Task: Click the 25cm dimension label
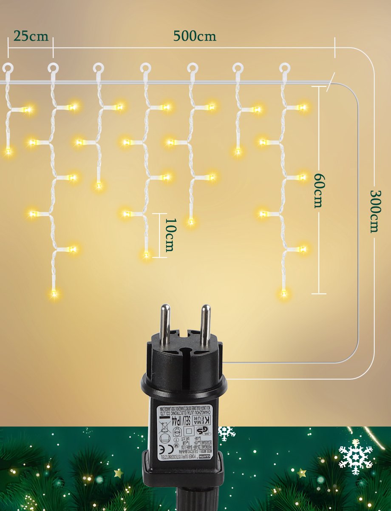tap(31, 36)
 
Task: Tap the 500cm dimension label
tap(194, 36)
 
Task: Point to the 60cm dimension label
tap(317, 190)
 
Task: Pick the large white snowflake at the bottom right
tap(356, 457)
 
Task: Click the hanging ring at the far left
tap(8, 68)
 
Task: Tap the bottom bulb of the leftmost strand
tap(8, 151)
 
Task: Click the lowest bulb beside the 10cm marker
tap(146, 255)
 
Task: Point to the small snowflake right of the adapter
tap(227, 433)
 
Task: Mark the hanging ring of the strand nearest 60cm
tap(284, 68)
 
